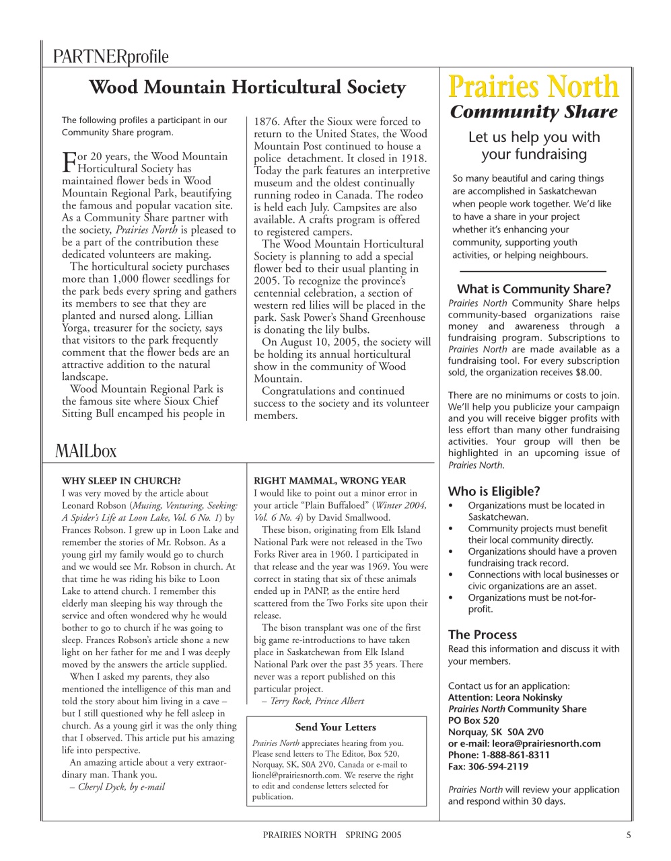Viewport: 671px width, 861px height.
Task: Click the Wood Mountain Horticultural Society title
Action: pos(247,87)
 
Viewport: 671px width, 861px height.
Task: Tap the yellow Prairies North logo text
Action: pos(533,87)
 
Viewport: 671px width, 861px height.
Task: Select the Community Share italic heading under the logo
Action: pos(533,112)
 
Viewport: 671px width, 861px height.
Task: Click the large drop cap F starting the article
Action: pos(68,161)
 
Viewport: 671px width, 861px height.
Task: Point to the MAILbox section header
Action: pos(85,451)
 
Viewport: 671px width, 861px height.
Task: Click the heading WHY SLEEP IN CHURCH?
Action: pos(121,481)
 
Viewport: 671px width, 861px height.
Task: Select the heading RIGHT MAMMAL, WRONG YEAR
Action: pos(330,481)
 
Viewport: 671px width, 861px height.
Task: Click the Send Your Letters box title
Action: pos(335,727)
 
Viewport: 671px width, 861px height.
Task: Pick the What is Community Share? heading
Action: pos(534,289)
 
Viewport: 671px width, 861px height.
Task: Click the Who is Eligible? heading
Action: pos(494,491)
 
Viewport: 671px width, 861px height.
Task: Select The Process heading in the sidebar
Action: pos(483,634)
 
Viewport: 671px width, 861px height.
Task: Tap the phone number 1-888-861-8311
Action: pos(516,755)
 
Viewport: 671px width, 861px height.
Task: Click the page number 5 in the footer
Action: pos(628,835)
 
